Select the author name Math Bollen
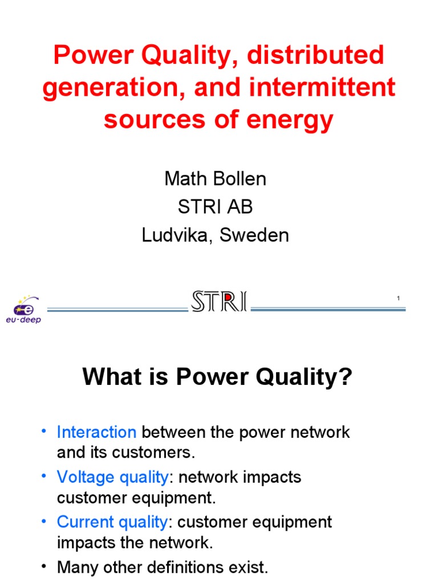pyautogui.click(x=215, y=179)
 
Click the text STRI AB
pyautogui.click(x=215, y=207)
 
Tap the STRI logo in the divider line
pyautogui.click(x=220, y=302)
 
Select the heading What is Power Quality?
pyautogui.click(x=217, y=377)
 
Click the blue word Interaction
pyautogui.click(x=96, y=432)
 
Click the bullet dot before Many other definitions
pyautogui.click(x=45, y=566)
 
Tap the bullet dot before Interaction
pyautogui.click(x=45, y=431)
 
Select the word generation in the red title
pyautogui.click(x=109, y=88)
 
